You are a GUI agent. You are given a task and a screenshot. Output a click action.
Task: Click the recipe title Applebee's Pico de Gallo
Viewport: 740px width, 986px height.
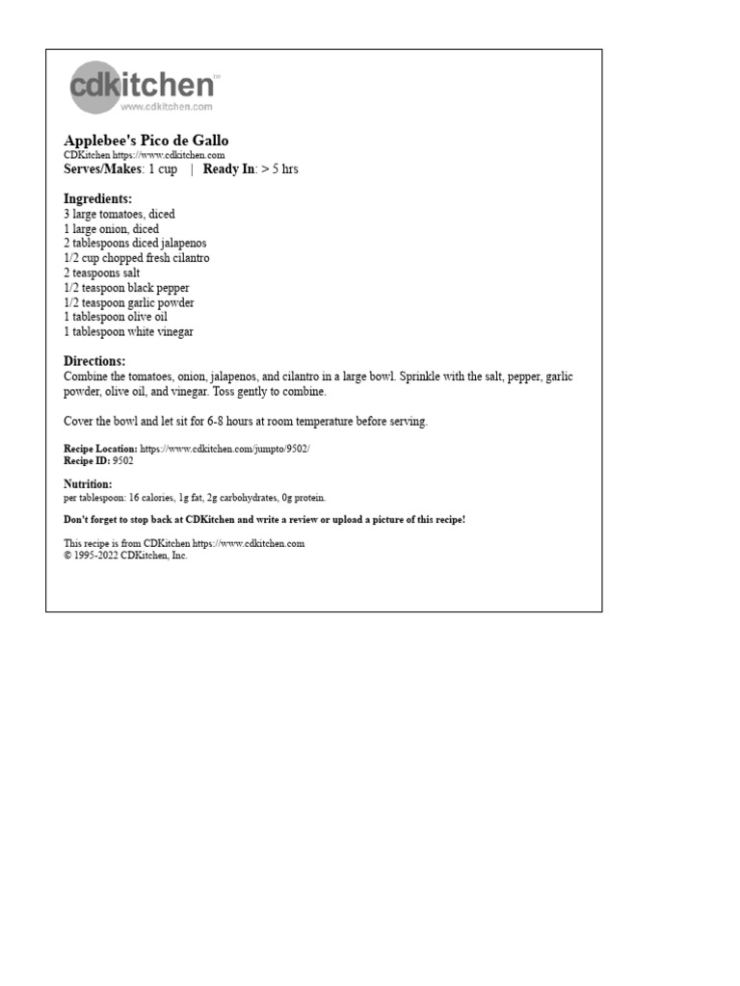click(145, 141)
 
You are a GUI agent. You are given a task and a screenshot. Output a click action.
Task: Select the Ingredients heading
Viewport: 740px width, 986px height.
click(97, 199)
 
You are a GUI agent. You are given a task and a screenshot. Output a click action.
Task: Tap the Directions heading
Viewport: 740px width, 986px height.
click(94, 362)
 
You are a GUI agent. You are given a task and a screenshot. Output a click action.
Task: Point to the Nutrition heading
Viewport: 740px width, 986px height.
click(88, 484)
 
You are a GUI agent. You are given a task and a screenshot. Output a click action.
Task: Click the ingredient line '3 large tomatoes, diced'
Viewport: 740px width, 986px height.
click(119, 215)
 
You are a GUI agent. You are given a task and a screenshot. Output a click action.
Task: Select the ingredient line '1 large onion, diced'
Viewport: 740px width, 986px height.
click(112, 229)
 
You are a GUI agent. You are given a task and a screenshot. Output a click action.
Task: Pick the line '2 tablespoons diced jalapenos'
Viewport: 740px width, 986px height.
click(135, 244)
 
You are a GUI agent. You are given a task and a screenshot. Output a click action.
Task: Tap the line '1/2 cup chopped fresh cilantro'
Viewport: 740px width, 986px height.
click(137, 258)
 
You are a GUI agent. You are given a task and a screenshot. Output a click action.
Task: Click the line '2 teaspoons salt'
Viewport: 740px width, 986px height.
click(102, 273)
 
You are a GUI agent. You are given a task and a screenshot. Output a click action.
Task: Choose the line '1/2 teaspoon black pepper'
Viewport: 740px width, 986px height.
click(126, 288)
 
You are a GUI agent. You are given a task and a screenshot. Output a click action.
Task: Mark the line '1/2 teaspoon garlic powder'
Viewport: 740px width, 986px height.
click(129, 302)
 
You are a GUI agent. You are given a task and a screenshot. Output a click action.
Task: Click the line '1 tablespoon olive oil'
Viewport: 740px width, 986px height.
click(116, 317)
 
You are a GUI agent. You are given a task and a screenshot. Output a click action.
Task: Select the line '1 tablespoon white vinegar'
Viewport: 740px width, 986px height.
click(128, 332)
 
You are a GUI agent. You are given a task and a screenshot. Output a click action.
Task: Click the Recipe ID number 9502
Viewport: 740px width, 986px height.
click(123, 461)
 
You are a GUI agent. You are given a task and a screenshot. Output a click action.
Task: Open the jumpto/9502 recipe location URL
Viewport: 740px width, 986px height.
click(225, 449)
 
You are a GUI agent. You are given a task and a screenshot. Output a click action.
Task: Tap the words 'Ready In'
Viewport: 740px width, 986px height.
click(228, 169)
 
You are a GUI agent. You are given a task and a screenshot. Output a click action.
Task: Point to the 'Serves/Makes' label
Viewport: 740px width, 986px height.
click(102, 169)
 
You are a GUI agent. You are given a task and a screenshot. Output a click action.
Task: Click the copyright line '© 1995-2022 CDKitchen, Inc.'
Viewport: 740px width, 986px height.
click(125, 556)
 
